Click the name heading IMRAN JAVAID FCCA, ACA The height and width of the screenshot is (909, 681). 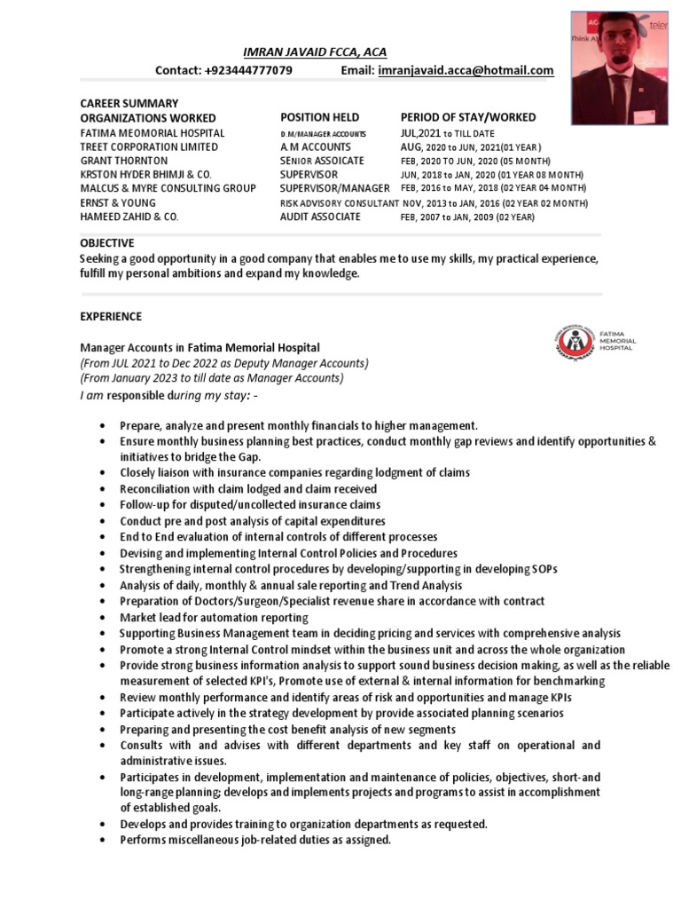coord(315,52)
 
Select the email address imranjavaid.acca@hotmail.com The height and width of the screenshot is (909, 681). coord(466,71)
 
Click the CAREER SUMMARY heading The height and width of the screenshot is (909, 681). coord(129,103)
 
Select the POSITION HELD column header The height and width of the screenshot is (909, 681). coord(319,117)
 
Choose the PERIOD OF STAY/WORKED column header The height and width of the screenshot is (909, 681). coord(467,117)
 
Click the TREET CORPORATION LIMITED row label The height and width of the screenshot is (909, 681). coord(149,146)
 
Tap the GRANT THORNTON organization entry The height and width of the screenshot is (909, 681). coord(123,161)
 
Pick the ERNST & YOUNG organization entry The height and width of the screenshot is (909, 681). coord(119,202)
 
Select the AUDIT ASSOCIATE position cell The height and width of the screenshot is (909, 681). coord(318,217)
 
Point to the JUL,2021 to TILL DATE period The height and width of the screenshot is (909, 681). coord(448,133)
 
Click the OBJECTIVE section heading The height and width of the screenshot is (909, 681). coord(106,242)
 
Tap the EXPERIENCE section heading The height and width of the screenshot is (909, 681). coord(111,316)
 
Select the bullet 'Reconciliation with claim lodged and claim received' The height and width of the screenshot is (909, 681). coord(248,488)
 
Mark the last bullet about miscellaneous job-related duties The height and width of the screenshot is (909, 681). coord(255,839)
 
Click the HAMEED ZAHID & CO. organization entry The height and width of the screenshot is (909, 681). coord(129,217)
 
